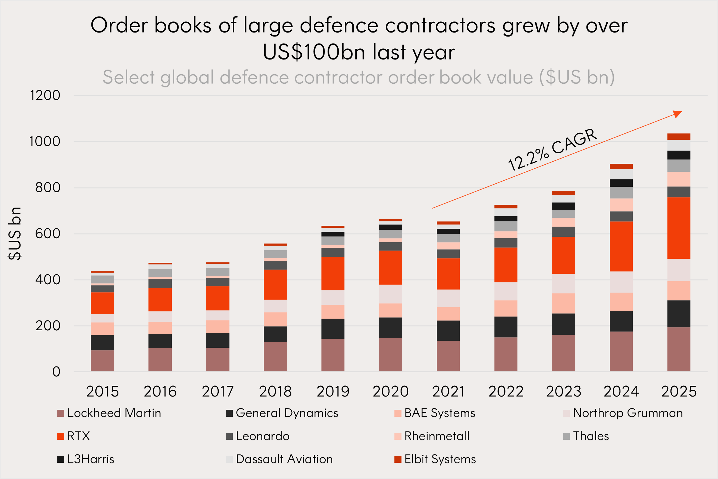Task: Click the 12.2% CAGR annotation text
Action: coord(552,150)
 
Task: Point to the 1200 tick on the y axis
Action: coord(45,95)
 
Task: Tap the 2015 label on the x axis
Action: coord(102,391)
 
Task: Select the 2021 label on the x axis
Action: coord(448,391)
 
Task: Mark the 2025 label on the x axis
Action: coord(679,391)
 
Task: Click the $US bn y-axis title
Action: coord(15,233)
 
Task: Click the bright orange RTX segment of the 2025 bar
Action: coord(679,228)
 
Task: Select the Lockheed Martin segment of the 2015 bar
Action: coord(102,361)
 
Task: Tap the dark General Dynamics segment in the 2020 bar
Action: coord(390,328)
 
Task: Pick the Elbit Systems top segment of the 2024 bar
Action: coord(621,167)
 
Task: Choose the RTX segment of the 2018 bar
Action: coord(275,285)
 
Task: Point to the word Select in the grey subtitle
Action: coord(129,77)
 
